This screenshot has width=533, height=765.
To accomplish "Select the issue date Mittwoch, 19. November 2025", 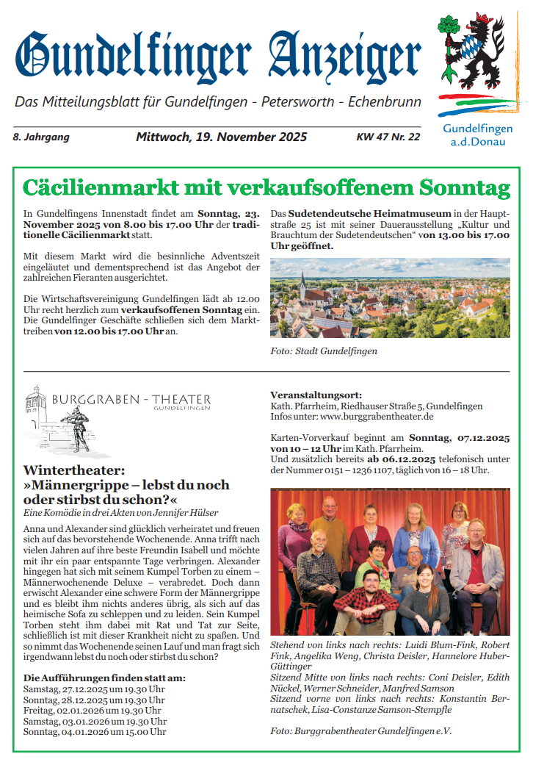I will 221,137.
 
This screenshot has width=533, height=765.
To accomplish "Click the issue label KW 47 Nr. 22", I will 388,137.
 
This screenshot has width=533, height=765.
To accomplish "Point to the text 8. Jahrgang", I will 41,137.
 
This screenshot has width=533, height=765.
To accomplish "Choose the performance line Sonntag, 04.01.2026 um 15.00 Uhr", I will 95,731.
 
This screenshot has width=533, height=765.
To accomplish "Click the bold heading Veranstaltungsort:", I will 316,395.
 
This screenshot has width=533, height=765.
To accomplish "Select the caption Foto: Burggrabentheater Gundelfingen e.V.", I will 360,731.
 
